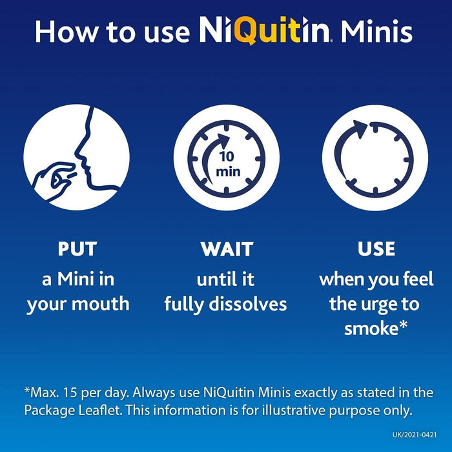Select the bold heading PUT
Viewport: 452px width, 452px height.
77,249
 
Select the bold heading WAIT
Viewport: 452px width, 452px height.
226,249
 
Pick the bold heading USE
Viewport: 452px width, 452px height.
376,249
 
